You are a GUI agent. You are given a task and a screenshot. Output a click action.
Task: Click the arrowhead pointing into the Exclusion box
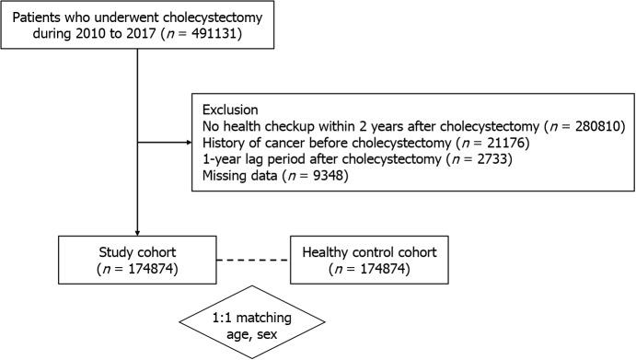(x=187, y=142)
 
